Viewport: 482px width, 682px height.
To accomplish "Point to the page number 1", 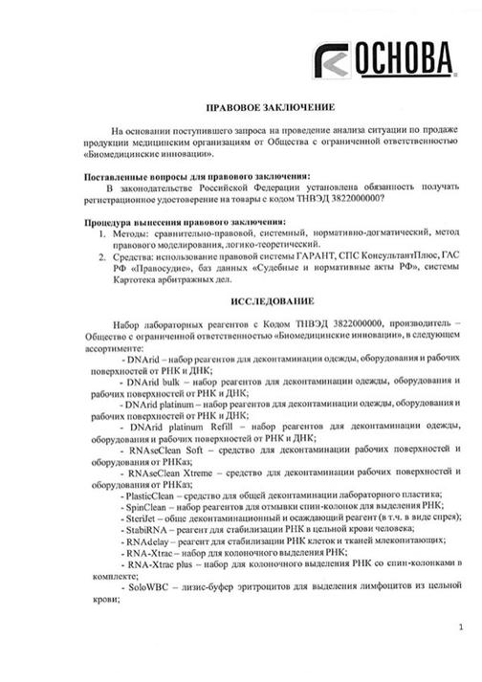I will [461, 627].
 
